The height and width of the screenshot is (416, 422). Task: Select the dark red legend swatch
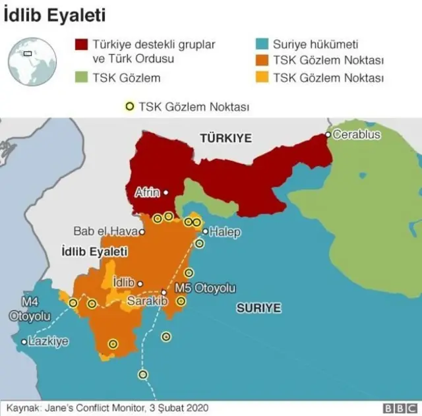point(82,45)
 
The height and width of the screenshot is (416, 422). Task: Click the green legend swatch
point(82,78)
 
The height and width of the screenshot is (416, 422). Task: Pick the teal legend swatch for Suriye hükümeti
point(261,45)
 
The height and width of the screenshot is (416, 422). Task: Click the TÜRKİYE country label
point(226,138)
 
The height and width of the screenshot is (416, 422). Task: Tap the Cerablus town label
point(357,134)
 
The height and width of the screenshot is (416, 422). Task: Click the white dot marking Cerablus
point(328,135)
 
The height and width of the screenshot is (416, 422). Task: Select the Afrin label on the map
point(147,193)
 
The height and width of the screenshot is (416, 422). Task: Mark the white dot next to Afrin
point(166,193)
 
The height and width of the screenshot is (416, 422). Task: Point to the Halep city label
point(225,232)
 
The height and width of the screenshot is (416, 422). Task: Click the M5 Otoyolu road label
point(204,288)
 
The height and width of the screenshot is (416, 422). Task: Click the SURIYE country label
point(259,308)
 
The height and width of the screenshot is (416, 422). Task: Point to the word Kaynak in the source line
point(24,407)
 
